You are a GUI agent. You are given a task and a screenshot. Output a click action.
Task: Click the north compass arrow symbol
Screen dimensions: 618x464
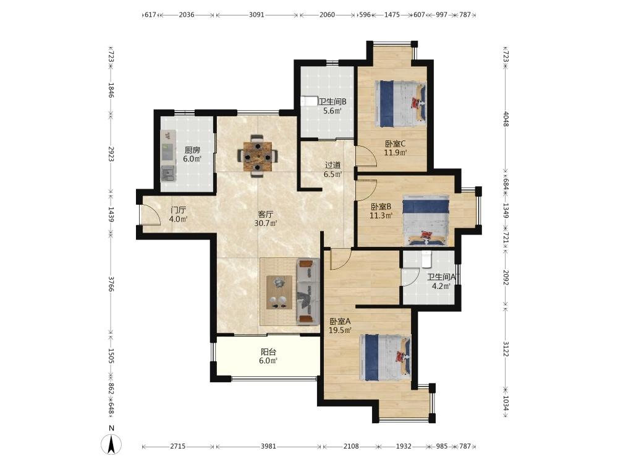tap(111, 445)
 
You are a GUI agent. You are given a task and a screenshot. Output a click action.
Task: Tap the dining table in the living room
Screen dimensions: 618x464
tap(257, 157)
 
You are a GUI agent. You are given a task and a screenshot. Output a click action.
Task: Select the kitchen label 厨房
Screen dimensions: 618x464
tap(192, 150)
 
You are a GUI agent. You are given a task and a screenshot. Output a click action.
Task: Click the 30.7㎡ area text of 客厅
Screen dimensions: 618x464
tap(266, 223)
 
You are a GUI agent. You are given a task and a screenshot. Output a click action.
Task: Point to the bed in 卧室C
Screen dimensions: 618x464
tap(400, 104)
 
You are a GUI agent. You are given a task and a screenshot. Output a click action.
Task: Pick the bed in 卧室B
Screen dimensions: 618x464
tap(426, 220)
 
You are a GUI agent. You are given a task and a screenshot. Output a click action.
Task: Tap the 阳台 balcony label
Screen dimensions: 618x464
tap(268, 351)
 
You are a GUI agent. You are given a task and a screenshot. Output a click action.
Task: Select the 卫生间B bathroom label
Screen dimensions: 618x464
tap(332, 101)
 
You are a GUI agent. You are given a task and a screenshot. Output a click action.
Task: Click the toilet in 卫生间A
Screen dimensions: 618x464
tap(427, 259)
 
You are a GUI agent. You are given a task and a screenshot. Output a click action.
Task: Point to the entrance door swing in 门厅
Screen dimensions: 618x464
tap(150, 215)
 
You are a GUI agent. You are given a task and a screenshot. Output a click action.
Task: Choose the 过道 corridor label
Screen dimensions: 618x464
tap(332, 165)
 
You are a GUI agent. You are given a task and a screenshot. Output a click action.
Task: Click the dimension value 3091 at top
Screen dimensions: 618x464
tap(256, 15)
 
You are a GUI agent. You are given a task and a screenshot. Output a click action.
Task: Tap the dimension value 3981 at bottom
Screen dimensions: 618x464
tap(268, 446)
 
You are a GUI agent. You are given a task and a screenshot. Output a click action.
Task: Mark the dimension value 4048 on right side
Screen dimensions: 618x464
tap(506, 119)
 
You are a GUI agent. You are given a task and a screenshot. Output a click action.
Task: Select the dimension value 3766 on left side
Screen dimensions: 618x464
tap(111, 284)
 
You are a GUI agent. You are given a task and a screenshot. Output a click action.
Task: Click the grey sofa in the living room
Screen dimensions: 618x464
tap(308, 291)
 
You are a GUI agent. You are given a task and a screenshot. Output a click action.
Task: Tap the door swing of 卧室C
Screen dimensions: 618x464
tap(366, 157)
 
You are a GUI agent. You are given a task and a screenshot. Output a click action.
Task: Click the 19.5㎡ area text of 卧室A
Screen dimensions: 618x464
tap(341, 330)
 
